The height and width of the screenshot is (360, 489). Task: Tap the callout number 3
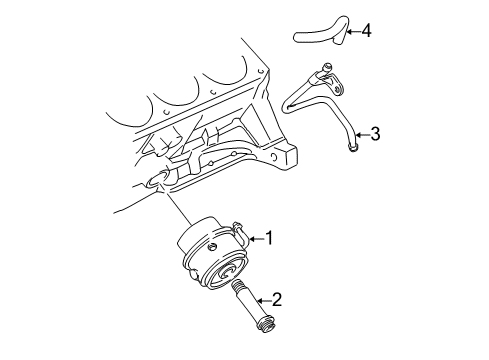click(x=376, y=133)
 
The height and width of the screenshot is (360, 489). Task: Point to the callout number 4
click(x=367, y=31)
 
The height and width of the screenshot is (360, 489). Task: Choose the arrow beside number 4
click(x=351, y=31)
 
